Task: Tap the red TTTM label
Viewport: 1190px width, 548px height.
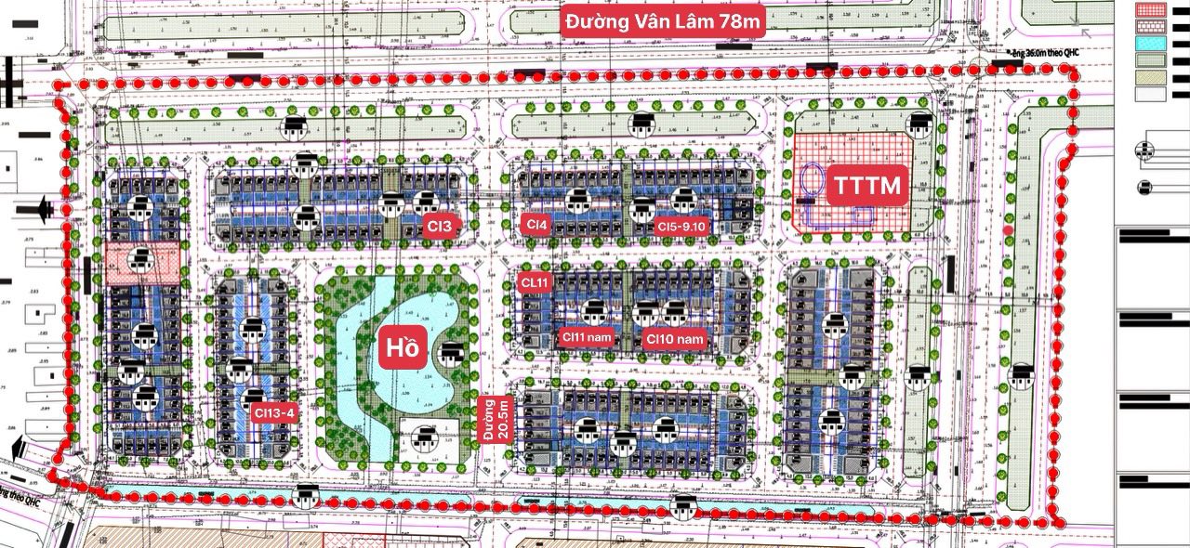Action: [866, 186]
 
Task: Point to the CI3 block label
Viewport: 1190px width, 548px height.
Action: [440, 225]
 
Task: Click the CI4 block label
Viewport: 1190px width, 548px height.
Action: [536, 224]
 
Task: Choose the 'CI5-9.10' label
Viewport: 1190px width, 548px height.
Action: [682, 226]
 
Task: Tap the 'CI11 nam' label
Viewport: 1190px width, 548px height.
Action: [585, 338]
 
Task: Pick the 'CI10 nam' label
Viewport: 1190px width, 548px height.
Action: [676, 339]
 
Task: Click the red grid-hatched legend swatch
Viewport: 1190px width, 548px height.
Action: [1151, 11]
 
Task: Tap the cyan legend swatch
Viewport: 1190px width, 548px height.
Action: [1151, 44]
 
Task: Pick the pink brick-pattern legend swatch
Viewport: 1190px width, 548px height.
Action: [1151, 27]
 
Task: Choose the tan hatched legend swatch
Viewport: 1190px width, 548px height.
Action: [1151, 77]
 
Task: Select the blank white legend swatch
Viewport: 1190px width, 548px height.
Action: [1151, 94]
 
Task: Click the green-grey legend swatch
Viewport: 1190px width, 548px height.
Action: [1151, 60]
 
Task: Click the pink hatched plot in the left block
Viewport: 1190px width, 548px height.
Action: [141, 263]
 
